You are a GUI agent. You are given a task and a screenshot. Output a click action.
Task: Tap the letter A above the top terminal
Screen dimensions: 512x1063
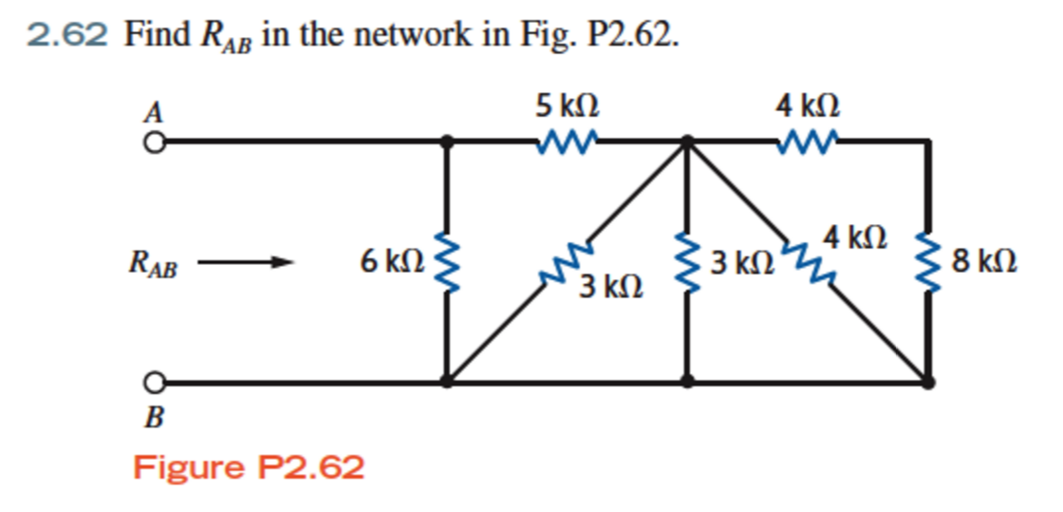152,112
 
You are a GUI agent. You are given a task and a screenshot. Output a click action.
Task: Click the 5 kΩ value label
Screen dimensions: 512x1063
567,106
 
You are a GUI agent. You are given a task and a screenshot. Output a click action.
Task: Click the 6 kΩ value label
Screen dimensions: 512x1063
392,259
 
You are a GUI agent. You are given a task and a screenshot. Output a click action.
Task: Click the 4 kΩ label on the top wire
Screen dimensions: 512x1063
808,106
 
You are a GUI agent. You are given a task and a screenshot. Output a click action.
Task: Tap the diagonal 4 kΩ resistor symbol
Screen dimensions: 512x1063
808,260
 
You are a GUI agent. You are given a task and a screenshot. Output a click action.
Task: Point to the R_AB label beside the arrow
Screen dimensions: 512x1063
152,262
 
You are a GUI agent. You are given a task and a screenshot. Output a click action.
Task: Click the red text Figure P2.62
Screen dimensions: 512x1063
249,467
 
